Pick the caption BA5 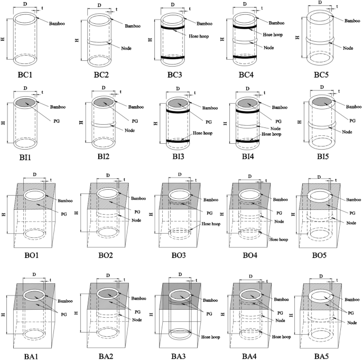(322, 354)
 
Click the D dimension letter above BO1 (34, 174)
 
